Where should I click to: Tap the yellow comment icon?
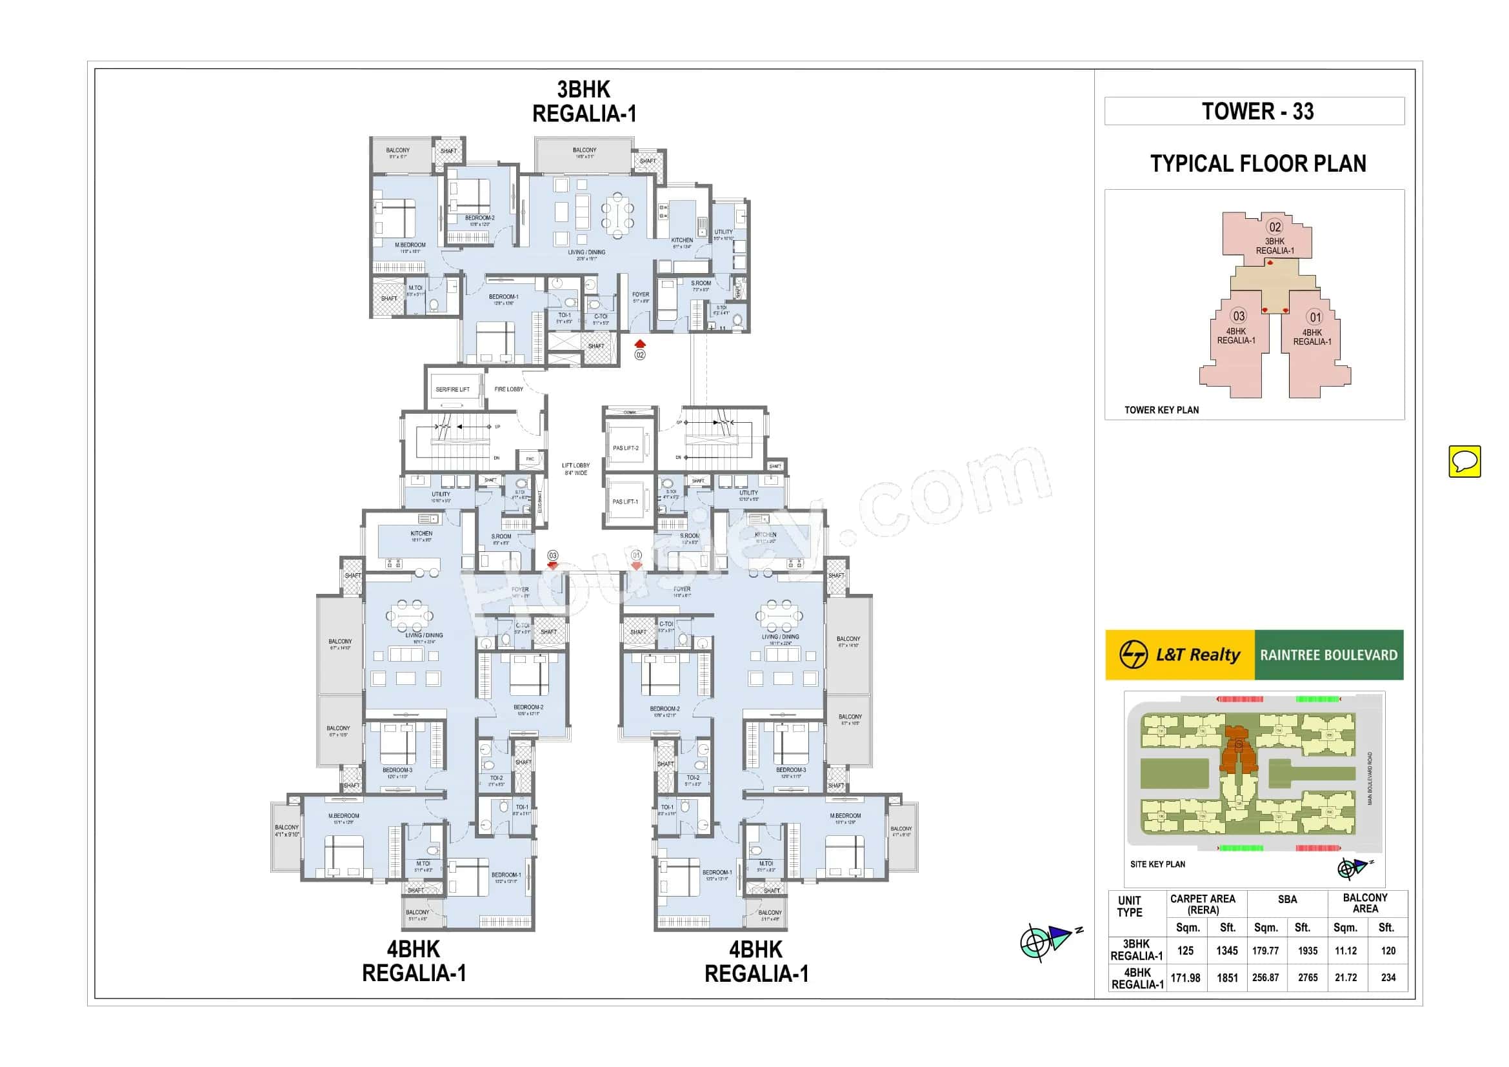click(x=1464, y=461)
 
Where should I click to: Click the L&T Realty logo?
click(x=1180, y=655)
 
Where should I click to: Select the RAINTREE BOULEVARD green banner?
click(x=1328, y=655)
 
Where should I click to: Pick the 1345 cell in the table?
click(x=1226, y=951)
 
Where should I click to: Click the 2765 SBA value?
click(x=1307, y=977)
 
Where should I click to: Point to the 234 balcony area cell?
click(x=1388, y=977)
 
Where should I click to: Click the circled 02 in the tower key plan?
click(x=1274, y=227)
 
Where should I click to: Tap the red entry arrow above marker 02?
click(x=640, y=344)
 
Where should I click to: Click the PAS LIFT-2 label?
click(x=625, y=448)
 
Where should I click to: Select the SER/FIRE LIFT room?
click(x=452, y=389)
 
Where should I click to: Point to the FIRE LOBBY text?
click(x=508, y=389)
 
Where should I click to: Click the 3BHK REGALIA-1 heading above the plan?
click(x=584, y=101)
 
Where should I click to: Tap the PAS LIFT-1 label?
click(x=625, y=502)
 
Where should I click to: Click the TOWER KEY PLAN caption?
click(x=1161, y=410)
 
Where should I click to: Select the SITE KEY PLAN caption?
click(x=1157, y=864)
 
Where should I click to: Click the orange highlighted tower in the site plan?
click(x=1238, y=751)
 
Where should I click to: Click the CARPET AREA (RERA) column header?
click(x=1202, y=904)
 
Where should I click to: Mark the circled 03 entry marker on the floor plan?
click(x=553, y=556)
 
